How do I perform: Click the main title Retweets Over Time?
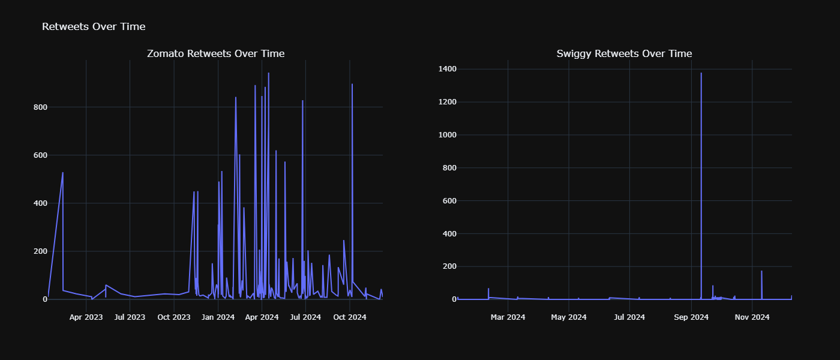coord(94,26)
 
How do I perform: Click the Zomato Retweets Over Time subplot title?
coord(216,54)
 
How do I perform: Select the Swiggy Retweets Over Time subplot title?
coord(624,54)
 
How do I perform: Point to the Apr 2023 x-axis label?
coord(86,317)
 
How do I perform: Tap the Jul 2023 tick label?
coord(130,317)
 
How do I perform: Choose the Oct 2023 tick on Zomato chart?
coord(174,317)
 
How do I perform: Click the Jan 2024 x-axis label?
coord(218,317)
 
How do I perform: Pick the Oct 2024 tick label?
coord(350,317)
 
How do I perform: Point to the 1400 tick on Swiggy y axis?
coord(446,70)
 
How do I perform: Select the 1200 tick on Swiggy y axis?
coord(446,102)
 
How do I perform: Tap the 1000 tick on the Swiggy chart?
coord(446,135)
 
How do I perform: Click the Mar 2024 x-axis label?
coord(508,317)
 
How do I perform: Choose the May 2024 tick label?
coord(569,317)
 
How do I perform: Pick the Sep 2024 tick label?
coord(691,317)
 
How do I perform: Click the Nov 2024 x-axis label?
coord(752,317)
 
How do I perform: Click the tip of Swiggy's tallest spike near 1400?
coord(701,73)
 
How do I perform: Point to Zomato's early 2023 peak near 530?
coord(63,173)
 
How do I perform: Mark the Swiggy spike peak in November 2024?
coord(761,271)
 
